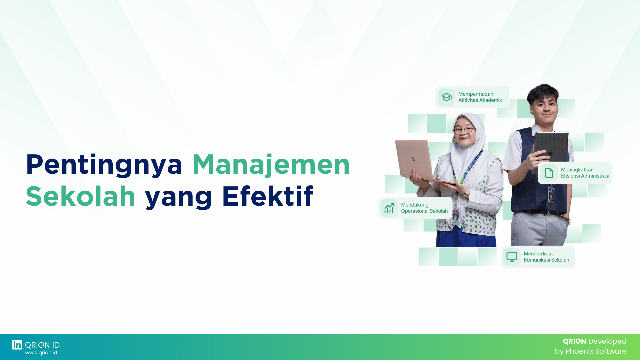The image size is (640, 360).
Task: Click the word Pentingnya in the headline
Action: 104,165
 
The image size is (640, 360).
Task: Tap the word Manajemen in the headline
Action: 271,165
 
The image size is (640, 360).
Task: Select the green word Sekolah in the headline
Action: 81,197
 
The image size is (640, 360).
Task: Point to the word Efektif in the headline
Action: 268,197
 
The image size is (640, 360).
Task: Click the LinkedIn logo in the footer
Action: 17,345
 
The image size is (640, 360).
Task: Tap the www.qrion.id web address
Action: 41,353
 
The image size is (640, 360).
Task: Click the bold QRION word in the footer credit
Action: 574,341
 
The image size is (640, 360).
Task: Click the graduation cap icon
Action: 446,97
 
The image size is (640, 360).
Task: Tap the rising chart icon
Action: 389,208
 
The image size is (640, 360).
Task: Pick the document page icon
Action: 549,173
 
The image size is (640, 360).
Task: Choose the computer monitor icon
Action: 512,257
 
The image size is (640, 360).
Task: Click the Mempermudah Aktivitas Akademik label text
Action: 480,97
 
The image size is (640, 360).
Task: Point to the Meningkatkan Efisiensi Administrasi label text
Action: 585,173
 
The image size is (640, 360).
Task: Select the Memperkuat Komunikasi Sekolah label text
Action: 546,257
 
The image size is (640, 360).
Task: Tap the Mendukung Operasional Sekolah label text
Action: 424,208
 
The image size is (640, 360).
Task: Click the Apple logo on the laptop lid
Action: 413,159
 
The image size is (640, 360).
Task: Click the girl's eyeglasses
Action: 464,130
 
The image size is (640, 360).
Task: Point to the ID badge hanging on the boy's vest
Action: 551,194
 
